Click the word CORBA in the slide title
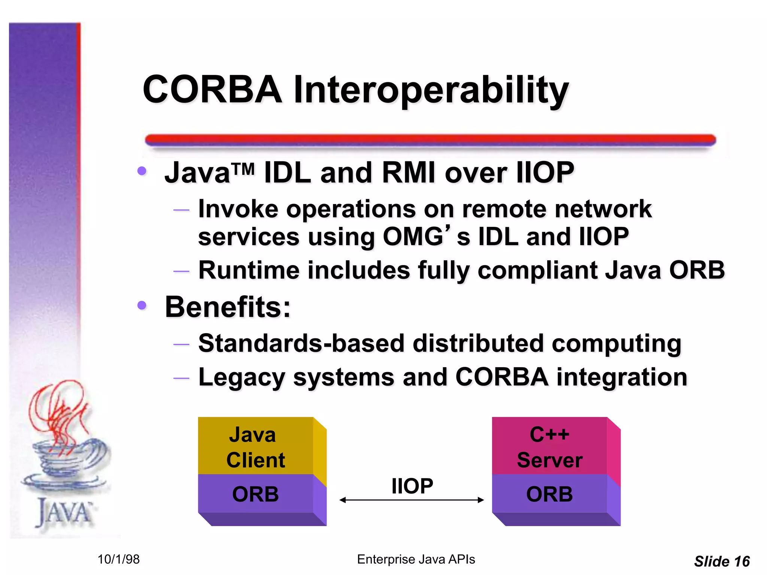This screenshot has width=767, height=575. point(212,90)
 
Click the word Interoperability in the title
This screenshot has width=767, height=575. point(431,91)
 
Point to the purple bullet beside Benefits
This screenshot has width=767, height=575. point(142,305)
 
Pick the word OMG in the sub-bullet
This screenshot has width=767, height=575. point(413,237)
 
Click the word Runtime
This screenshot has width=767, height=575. point(249,270)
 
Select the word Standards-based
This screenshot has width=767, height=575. point(301,343)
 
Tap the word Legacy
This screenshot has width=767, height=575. point(242,377)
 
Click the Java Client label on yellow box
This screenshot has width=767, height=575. point(255,447)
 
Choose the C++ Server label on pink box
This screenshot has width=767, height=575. point(549,447)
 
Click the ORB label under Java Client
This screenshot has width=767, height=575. point(255,494)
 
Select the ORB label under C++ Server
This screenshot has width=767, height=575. point(549,494)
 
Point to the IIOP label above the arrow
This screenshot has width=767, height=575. point(412,486)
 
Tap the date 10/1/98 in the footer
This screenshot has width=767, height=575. point(118,559)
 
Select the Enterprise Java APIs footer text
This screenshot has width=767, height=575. point(416,559)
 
